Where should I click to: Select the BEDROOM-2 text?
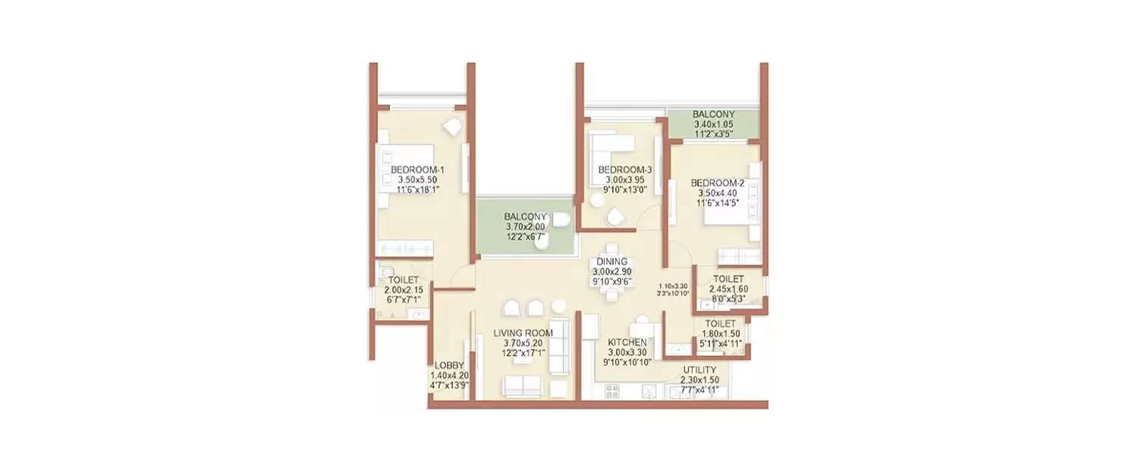tap(713, 183)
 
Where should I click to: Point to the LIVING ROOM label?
tap(523, 333)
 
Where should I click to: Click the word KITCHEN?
tap(627, 343)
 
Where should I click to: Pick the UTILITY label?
tap(699, 370)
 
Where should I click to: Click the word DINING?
tap(611, 262)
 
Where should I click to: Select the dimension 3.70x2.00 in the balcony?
tap(525, 227)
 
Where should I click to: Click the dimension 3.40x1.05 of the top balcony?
tap(713, 125)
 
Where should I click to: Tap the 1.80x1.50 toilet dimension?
tap(720, 334)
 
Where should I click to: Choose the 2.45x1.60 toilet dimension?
tap(727, 289)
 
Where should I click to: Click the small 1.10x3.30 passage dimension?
tap(673, 286)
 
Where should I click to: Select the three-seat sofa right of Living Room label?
tap(560, 355)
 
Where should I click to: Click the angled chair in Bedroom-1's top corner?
tap(454, 127)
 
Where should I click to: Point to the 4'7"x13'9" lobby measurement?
tap(450, 385)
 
